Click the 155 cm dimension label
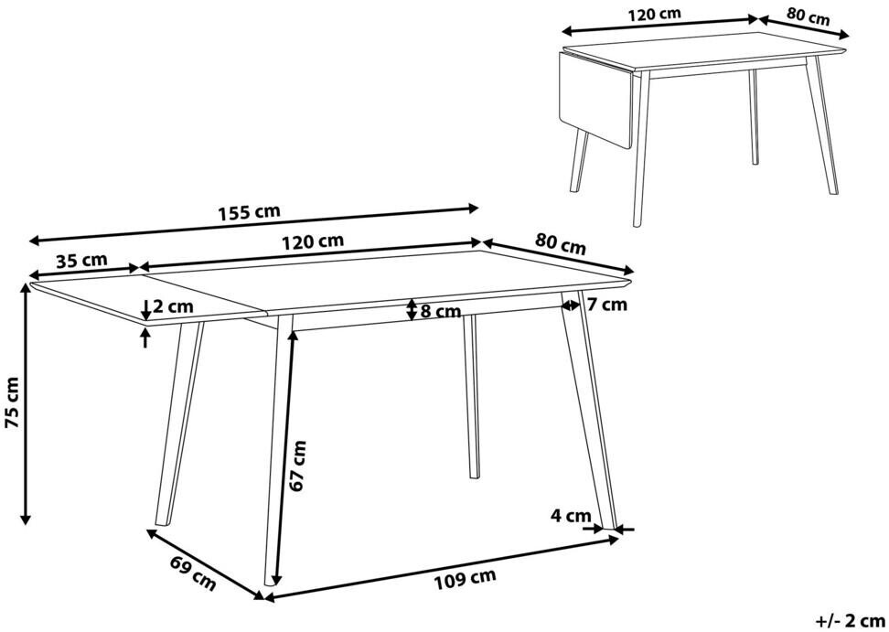pos(249,212)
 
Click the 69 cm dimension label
pos(193,573)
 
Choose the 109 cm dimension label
pos(465,579)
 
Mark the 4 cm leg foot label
pos(571,516)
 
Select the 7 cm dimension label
pos(607,305)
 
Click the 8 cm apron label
pos(441,311)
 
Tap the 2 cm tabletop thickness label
pos(174,306)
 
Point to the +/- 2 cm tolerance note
pos(851,620)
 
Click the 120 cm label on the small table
pos(654,14)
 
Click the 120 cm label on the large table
pos(313,241)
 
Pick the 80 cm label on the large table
pos(560,243)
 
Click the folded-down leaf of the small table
pos(595,98)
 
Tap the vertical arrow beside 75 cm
pos(25,403)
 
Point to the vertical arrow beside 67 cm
pos(284,457)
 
